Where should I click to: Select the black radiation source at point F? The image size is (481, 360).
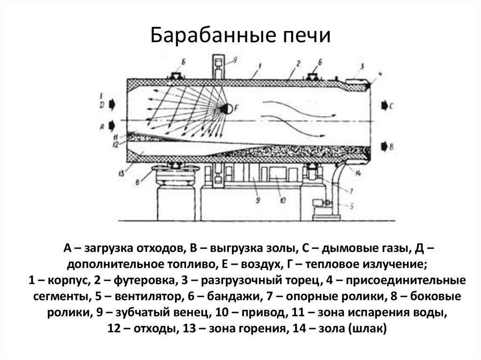(x=225, y=108)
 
